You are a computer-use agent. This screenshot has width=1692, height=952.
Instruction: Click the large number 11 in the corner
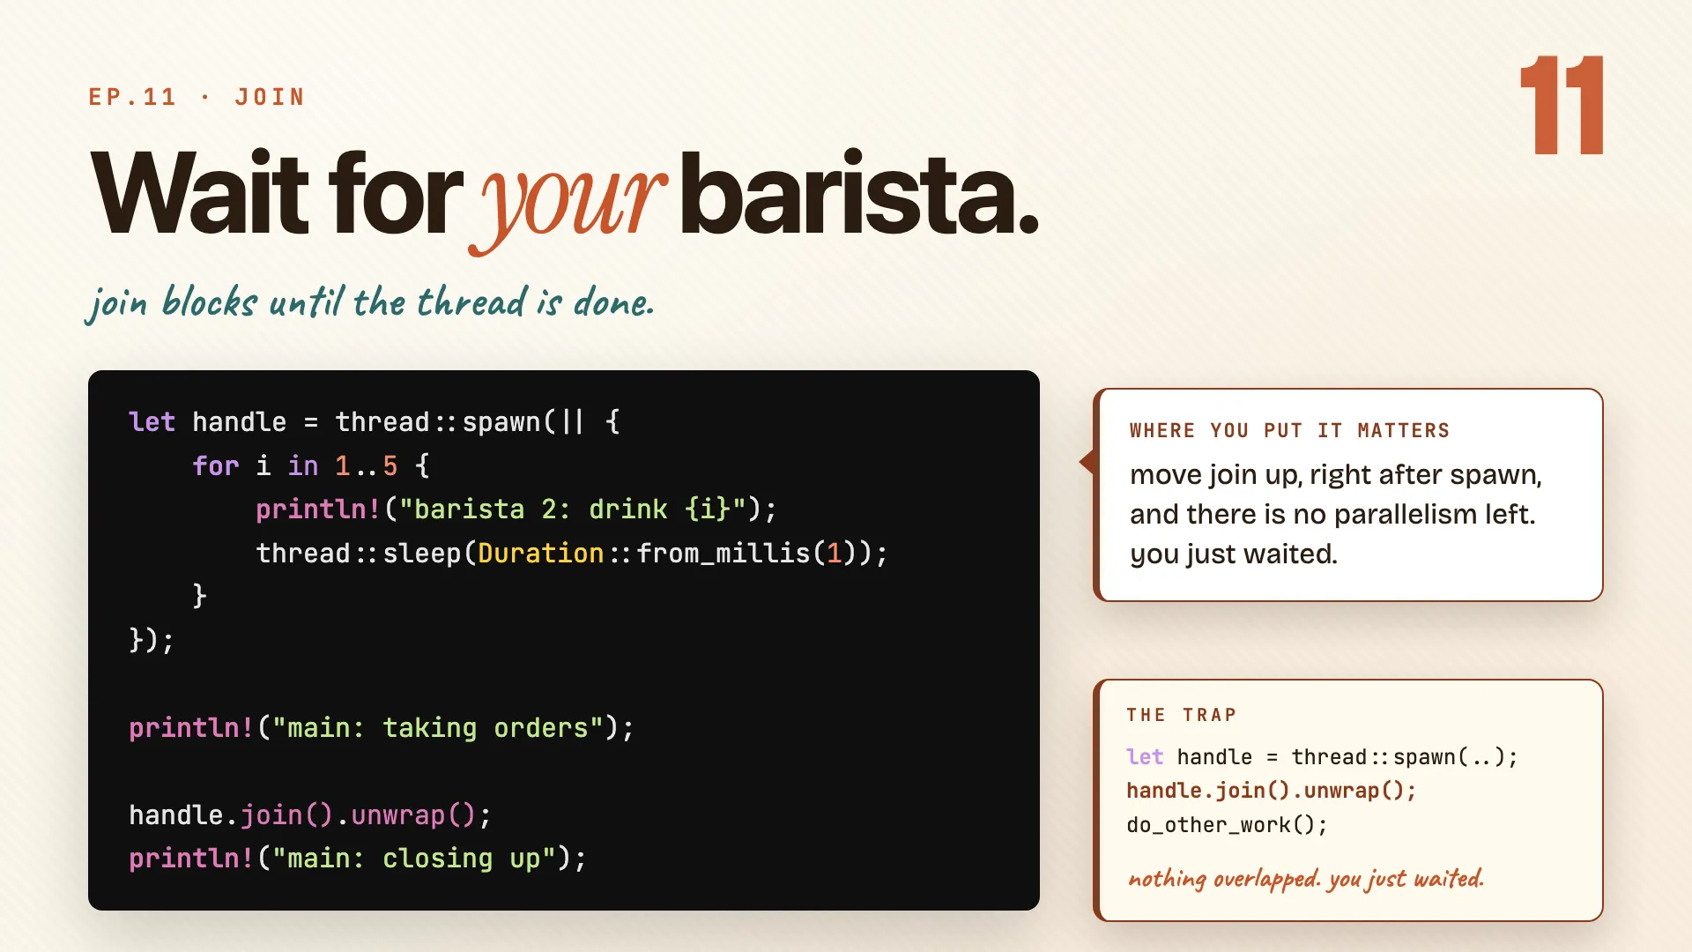(x=1562, y=105)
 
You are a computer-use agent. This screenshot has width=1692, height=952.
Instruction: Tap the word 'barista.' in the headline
(x=859, y=193)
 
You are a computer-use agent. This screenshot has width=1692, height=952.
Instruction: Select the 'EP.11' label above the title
(x=132, y=97)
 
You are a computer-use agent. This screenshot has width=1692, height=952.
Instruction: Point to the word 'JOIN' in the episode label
(x=270, y=97)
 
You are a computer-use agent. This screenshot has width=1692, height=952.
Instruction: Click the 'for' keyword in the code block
(x=216, y=465)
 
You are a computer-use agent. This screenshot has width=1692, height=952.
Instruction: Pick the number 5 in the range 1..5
(x=390, y=465)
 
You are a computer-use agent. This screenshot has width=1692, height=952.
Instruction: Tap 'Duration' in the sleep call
(x=541, y=553)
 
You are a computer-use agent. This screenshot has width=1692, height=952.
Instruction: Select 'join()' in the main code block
(x=286, y=814)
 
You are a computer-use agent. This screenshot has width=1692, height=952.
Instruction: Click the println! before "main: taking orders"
(x=191, y=728)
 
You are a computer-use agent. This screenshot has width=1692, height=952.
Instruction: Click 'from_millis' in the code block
(x=724, y=554)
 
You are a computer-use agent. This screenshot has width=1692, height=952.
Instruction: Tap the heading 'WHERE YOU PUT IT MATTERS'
(x=1289, y=430)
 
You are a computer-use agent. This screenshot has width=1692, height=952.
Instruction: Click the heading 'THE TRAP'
(x=1181, y=715)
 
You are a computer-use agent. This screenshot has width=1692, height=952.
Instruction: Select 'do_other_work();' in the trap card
(x=1227, y=825)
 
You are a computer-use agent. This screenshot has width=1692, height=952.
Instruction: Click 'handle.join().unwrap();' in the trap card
(x=1271, y=791)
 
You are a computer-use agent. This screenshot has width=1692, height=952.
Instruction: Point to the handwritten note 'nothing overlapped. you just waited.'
(x=1306, y=878)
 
